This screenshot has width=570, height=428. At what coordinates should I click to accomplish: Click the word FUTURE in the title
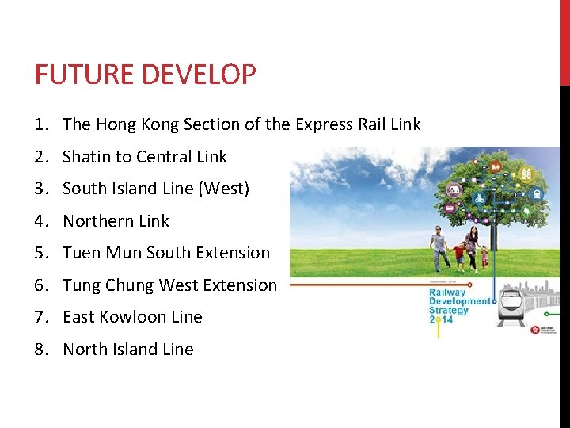tap(76, 75)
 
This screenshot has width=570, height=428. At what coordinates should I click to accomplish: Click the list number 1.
tap(40, 124)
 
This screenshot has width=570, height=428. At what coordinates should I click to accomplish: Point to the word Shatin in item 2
tap(87, 157)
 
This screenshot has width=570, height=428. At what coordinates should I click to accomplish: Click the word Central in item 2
tap(165, 157)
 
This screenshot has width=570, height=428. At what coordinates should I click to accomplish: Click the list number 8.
tap(40, 350)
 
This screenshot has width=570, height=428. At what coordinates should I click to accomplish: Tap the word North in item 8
tap(85, 350)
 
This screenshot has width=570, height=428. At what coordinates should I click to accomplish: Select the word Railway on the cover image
tap(447, 292)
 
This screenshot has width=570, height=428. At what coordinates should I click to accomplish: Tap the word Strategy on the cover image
tap(449, 311)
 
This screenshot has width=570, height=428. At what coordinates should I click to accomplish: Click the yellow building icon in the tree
tap(523, 173)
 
